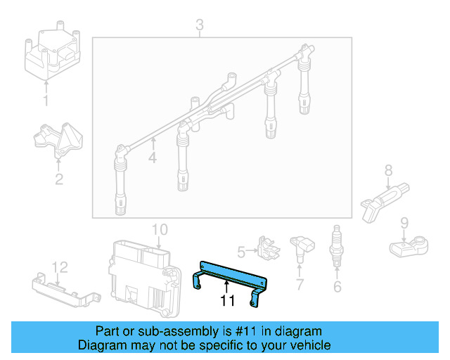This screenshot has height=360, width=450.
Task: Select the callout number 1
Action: tap(46, 102)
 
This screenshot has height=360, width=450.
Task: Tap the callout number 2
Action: tap(59, 179)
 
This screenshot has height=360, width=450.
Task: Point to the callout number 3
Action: tap(199, 26)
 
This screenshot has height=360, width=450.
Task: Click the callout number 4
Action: tap(152, 158)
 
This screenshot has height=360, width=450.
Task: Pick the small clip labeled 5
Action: tap(266, 247)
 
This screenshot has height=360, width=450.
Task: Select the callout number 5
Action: tap(240, 251)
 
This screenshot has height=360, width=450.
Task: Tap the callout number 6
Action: tap(337, 286)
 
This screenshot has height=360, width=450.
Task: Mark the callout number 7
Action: tap(300, 285)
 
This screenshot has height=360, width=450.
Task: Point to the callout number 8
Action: tap(387, 169)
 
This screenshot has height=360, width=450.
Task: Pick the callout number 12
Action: tap(59, 266)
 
